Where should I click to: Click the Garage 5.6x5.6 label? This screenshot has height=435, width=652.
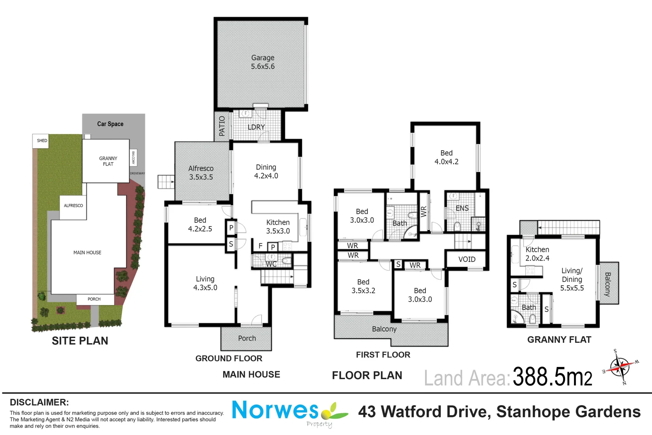click(263, 62)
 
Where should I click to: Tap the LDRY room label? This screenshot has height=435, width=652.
click(256, 127)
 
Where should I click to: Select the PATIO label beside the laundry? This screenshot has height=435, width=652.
click(222, 126)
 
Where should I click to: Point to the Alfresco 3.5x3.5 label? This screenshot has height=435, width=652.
click(201, 172)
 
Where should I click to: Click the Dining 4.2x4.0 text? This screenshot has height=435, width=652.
click(266, 171)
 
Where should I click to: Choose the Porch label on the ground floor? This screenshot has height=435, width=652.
click(247, 338)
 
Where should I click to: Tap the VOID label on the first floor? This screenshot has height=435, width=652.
click(466, 259)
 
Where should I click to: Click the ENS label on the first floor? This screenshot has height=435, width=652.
click(462, 208)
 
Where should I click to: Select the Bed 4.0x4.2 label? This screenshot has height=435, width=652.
click(446, 157)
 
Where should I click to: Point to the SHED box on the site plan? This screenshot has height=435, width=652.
click(41, 141)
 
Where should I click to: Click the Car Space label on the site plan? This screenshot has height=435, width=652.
click(110, 124)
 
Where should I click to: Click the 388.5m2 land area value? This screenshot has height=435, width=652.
click(552, 376)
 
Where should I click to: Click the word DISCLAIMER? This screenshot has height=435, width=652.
click(39, 402)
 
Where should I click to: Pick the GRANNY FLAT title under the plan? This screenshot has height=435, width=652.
click(559, 340)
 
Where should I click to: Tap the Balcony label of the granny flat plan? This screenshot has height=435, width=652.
click(608, 284)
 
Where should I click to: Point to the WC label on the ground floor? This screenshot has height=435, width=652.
click(271, 264)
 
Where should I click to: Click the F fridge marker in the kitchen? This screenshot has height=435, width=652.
click(260, 246)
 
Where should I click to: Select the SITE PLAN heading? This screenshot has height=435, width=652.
click(80, 341)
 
